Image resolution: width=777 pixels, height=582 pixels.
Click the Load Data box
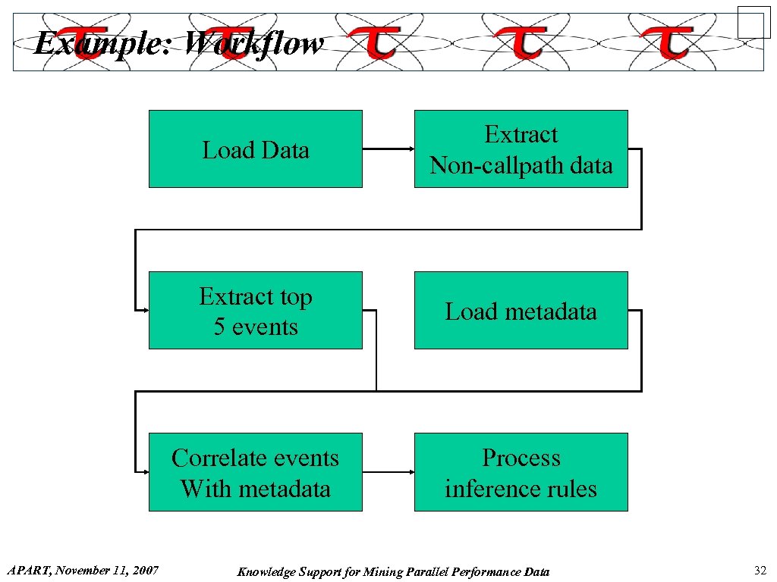pyautogui.click(x=255, y=149)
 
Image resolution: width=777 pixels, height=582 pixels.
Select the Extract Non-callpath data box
pyautogui.click(x=521, y=149)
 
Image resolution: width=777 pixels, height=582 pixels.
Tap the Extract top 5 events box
pyautogui.click(x=255, y=311)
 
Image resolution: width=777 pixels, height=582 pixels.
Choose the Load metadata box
pyautogui.click(x=521, y=311)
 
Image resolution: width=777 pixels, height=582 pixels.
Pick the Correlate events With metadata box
pyautogui.click(x=255, y=472)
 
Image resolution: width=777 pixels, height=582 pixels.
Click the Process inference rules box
pyautogui.click(x=521, y=472)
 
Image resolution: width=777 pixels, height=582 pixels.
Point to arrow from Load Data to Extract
pyautogui.click(x=388, y=149)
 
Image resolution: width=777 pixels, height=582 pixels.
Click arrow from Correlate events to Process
pyautogui.click(x=388, y=472)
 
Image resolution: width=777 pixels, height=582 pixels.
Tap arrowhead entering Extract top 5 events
pyautogui.click(x=143, y=310)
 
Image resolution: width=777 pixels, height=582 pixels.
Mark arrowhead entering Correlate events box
pyautogui.click(x=143, y=471)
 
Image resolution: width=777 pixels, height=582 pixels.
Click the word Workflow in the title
pyautogui.click(x=254, y=44)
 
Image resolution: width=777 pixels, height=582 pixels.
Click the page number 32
pyautogui.click(x=760, y=571)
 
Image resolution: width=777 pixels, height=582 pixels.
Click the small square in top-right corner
pyautogui.click(x=753, y=21)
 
